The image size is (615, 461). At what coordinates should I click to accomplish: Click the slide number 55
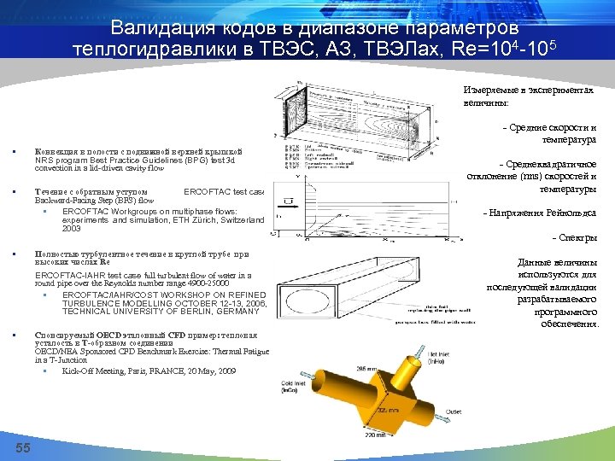pyautogui.click(x=23, y=449)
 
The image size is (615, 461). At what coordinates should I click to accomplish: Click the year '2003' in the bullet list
pyautogui.click(x=72, y=229)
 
